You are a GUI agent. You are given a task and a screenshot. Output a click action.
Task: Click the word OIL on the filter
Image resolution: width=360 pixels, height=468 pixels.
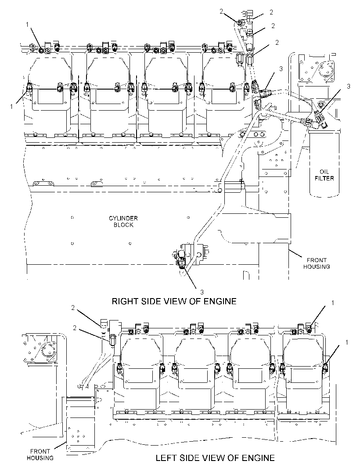coord(324,172)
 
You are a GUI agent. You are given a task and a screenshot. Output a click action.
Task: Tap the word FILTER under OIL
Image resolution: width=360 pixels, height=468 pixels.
coord(324,178)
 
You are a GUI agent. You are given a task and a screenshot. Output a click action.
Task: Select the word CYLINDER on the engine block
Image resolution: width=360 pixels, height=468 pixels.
coord(123,218)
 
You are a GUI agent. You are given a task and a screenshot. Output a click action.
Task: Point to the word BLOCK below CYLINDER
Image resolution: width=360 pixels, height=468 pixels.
coord(123,225)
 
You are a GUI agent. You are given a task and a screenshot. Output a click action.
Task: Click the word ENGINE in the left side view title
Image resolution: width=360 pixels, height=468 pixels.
coord(258,457)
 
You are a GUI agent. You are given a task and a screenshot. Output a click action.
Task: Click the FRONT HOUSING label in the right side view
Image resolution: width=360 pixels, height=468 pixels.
coord(317,263)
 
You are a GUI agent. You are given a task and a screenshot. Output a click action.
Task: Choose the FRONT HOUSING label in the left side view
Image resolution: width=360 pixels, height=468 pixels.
coord(40,454)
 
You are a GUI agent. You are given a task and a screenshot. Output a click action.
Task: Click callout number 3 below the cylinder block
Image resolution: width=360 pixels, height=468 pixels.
coord(202,292)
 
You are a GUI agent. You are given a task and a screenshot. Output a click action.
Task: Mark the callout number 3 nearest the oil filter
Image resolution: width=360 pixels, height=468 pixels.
coord(348,86)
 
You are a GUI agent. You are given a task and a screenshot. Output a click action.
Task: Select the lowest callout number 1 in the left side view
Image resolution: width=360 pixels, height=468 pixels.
coord(346,342)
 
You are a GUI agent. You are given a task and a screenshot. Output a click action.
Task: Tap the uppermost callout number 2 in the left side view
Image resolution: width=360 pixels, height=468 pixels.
coord(73,308)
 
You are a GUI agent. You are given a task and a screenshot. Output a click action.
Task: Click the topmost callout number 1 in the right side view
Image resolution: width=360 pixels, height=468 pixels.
coord(28,24)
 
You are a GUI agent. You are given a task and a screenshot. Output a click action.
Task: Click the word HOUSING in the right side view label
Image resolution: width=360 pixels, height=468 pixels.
coord(317,266)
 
